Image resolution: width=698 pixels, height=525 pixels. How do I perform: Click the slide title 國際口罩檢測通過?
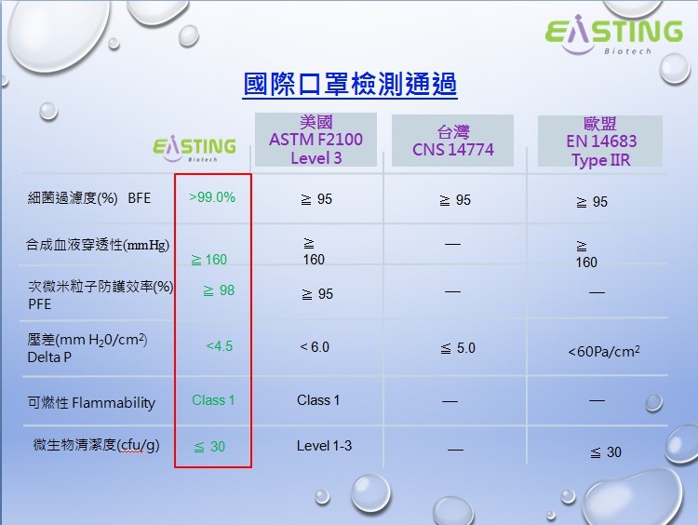point(350,85)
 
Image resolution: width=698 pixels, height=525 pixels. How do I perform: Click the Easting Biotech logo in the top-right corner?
point(613,36)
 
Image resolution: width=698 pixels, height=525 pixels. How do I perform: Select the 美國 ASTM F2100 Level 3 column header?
point(315,141)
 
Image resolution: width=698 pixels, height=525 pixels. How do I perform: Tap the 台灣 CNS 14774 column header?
point(452,141)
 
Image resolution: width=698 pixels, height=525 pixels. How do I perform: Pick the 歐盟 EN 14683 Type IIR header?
point(600,141)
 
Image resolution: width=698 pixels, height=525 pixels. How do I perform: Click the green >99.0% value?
point(212,197)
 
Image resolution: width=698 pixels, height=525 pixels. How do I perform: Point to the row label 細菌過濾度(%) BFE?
point(89,198)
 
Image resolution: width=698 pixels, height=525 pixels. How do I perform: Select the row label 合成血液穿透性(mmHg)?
point(98,245)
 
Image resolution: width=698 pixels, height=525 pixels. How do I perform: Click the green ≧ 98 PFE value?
point(219,290)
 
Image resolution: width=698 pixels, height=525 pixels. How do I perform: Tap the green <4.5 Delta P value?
point(219,346)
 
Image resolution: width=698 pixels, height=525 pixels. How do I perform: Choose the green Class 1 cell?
point(213,400)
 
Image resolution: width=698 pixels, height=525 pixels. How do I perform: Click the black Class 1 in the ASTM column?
point(318,400)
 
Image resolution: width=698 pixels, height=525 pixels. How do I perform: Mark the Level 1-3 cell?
point(324,446)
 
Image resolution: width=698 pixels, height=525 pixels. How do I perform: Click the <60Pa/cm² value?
point(603,352)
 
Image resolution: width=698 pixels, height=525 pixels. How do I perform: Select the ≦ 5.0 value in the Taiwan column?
point(457,348)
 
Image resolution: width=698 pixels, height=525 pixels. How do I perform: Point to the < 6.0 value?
point(315,347)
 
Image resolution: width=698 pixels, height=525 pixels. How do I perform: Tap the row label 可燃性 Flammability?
point(91,403)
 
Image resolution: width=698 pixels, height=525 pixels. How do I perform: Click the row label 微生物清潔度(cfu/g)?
point(97,445)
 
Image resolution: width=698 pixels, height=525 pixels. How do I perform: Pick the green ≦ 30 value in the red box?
point(209,447)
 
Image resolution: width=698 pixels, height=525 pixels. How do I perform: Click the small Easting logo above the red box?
point(194,149)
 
